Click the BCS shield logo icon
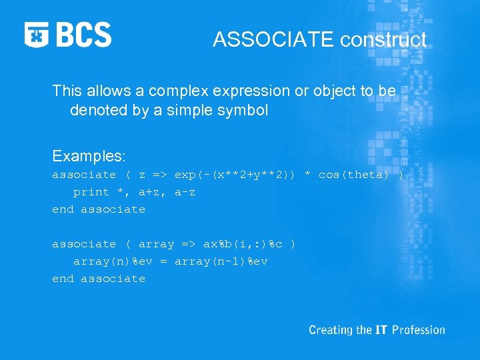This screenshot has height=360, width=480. tap(37, 35)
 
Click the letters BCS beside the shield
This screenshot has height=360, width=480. tap(83, 35)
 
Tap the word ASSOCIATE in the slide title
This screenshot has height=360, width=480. tap(274, 40)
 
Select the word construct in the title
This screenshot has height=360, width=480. tap(383, 40)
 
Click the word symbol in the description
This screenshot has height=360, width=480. tap(243, 111)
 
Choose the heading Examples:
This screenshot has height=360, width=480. tap(89, 156)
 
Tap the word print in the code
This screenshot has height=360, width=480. tap(91, 192)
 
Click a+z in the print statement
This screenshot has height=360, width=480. tap(149, 192)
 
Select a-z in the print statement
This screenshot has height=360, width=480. tap(185, 192)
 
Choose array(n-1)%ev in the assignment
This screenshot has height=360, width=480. tap(221, 261)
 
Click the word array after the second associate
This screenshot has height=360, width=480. tap(156, 244)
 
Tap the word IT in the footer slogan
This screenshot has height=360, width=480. tap(380, 330)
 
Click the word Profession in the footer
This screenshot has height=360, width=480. tap(418, 330)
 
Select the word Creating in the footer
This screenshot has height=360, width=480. tap(331, 330)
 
